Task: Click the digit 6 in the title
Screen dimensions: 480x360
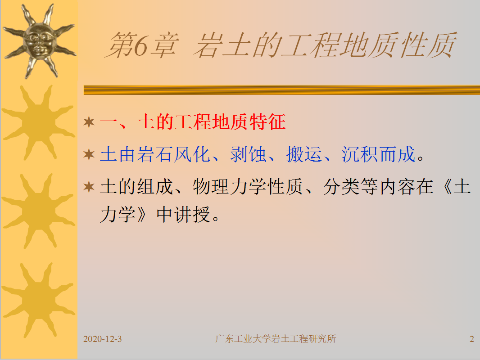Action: tap(141, 46)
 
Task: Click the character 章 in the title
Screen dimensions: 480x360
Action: tap(164, 45)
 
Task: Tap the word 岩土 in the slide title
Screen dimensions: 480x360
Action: tap(223, 45)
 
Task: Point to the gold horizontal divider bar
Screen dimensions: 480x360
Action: tap(281, 90)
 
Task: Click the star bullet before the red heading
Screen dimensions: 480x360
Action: tap(89, 122)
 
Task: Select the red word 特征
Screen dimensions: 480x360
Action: tap(267, 122)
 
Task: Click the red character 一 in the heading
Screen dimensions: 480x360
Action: tap(109, 122)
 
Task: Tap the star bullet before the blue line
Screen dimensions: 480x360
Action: tap(89, 154)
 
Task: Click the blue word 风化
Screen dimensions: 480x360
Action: tap(192, 154)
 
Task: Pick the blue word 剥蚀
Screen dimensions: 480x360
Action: tap(248, 154)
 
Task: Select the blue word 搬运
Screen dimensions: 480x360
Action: tap(304, 154)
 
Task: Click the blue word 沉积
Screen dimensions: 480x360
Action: tap(360, 154)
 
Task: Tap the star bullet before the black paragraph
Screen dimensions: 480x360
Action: tap(89, 187)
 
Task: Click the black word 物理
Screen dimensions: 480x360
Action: tap(211, 187)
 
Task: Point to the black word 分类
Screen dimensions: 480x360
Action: tap(341, 187)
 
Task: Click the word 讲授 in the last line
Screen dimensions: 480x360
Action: tap(192, 214)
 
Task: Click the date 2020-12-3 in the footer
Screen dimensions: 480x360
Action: tap(103, 339)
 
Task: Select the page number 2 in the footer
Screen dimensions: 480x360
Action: tap(472, 339)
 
